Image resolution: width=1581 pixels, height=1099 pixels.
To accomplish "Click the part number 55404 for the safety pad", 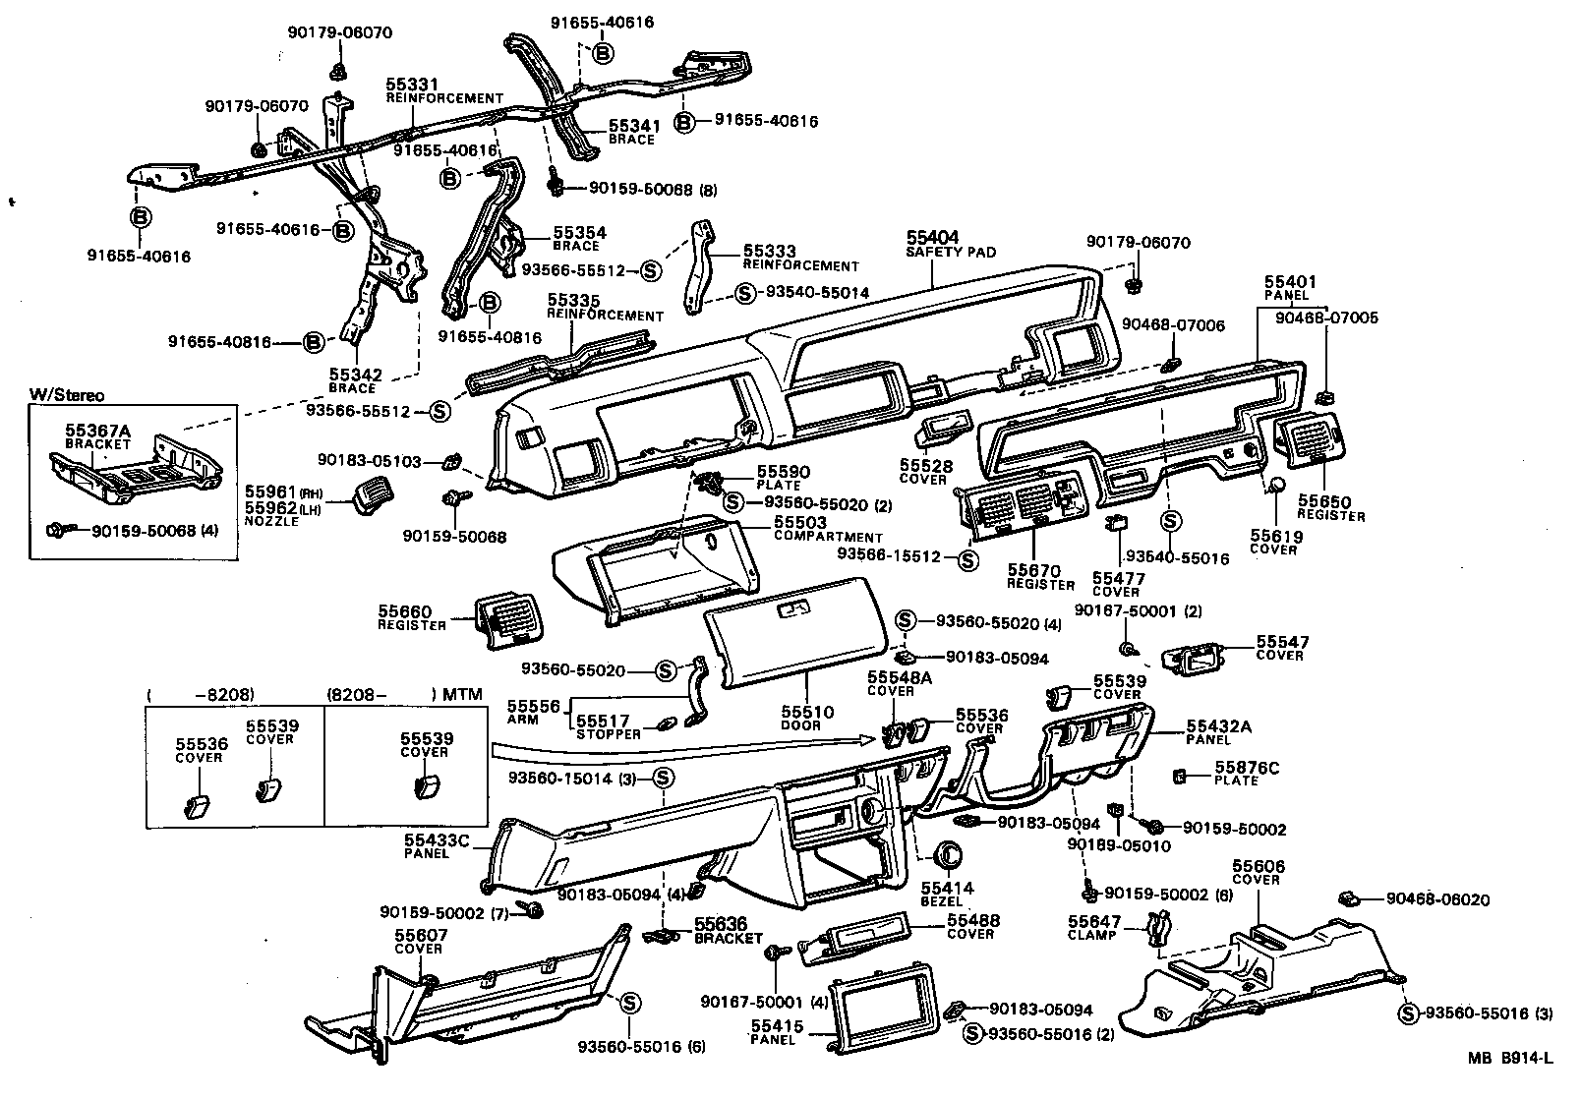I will [x=932, y=238].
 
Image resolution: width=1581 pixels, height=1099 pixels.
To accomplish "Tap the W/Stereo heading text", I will [x=66, y=395].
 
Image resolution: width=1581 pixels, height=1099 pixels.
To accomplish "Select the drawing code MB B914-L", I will [x=1510, y=1059].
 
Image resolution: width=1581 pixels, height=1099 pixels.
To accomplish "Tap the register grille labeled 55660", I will [x=504, y=619].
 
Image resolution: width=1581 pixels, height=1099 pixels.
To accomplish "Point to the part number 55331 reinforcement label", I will [x=412, y=86].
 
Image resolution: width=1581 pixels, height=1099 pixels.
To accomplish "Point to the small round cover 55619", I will [x=1276, y=486].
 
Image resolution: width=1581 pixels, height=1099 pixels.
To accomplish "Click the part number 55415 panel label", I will [x=778, y=1026].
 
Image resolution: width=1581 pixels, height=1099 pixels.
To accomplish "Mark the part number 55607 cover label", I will [x=421, y=936].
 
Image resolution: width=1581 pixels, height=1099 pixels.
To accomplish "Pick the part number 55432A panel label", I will [x=1220, y=725].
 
